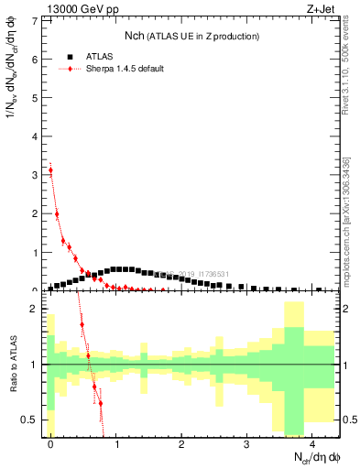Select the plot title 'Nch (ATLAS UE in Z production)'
[191, 36]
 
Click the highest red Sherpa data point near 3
[50, 169]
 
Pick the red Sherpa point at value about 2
[57, 214]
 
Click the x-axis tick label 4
[312, 443]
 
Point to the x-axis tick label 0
[50, 443]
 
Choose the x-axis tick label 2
[181, 443]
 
